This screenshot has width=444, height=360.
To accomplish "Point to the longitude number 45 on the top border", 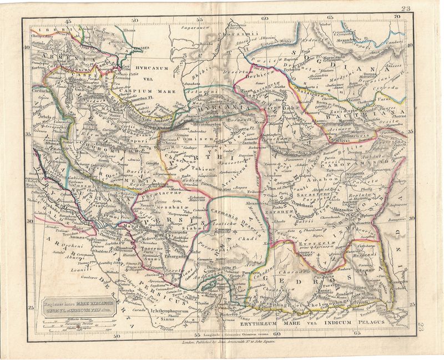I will [69, 21].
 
